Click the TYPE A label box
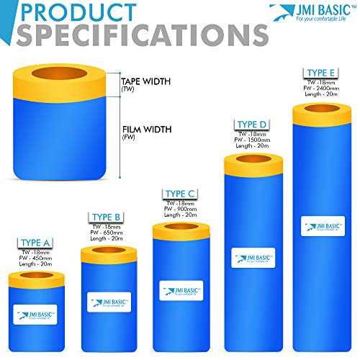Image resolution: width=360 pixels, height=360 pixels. [x=35, y=242]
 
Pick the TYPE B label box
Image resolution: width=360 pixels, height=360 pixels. [x=107, y=216]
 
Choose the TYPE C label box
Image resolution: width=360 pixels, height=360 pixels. [x=180, y=193]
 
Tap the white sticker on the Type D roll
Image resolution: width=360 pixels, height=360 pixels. [x=253, y=258]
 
